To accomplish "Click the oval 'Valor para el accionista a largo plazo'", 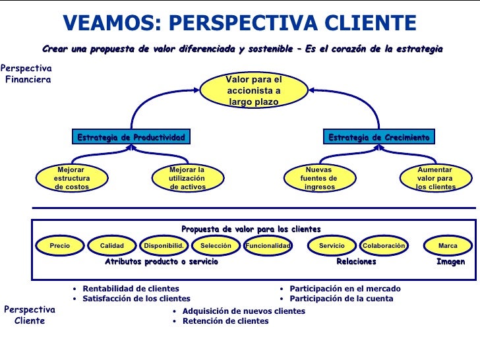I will pos(254,91).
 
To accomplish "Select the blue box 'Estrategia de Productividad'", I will pos(131,137).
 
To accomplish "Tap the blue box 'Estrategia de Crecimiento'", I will pos(379,137).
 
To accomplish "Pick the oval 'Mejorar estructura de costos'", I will pos(71,178).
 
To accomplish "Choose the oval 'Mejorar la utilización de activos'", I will pos(187,178).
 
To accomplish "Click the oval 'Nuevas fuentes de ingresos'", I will pos(320,178).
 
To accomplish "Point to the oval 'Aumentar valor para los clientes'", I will pos(435,178).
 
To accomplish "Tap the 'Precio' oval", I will pos(60,246).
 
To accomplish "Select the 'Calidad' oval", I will pos(112,246).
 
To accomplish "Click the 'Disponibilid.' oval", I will pos(163,246).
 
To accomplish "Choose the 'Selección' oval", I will pos(216,246).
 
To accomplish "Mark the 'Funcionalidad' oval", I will pos(268,246).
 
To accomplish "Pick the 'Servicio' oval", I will pos(332,246).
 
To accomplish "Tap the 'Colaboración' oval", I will pos(383,246).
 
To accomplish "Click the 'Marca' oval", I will pos(448,246).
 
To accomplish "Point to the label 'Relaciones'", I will pos(356,262).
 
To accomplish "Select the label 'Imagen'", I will pos(450,262).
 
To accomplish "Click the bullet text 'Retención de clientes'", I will pos(225,321).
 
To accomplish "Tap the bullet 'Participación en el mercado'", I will pos(345,289).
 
